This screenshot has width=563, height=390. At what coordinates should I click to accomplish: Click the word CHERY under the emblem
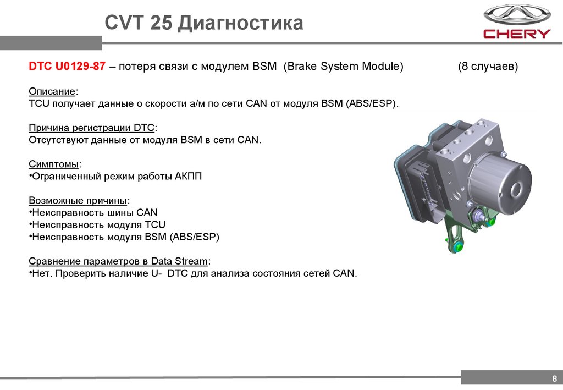[x=516, y=34]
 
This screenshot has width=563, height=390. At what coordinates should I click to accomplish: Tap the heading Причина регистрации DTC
[x=92, y=128]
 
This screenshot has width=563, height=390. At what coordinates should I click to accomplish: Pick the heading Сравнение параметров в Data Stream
[x=119, y=261]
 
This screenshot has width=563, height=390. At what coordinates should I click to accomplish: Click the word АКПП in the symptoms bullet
[x=189, y=177]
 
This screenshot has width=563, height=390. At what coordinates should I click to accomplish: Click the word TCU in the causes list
[x=155, y=225]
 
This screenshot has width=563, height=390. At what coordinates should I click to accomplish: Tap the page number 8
[x=554, y=378]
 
